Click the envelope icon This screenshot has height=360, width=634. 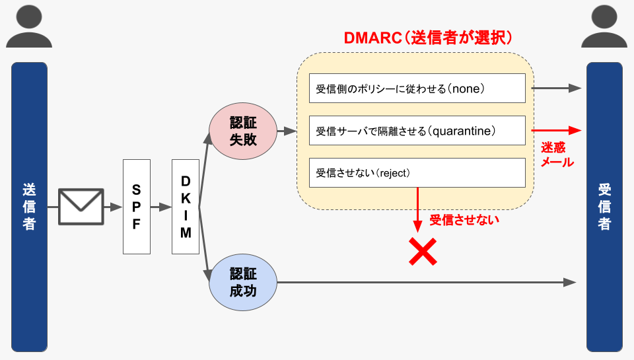click(x=81, y=207)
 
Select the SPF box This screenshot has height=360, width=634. click(x=137, y=207)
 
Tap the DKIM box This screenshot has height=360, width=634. click(x=186, y=207)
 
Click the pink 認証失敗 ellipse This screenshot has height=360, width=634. click(x=242, y=131)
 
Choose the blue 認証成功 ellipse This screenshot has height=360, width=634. click(x=242, y=282)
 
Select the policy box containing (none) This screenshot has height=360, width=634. click(x=417, y=89)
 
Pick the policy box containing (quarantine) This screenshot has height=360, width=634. click(x=417, y=131)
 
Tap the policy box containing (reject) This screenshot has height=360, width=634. click(x=417, y=173)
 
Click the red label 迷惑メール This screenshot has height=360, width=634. click(x=557, y=154)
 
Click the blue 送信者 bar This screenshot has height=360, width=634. click(x=29, y=207)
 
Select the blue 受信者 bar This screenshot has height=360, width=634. click(x=604, y=207)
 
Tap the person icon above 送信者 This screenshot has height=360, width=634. click(x=29, y=26)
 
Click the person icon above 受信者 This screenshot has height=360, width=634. click(x=604, y=26)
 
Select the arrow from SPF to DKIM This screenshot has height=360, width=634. click(x=160, y=207)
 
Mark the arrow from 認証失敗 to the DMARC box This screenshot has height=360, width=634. click(x=286, y=131)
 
